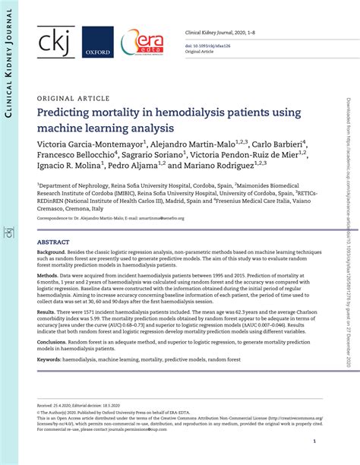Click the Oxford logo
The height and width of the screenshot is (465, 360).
coord(98,43)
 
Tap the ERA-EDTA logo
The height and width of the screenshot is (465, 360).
coord(142,41)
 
